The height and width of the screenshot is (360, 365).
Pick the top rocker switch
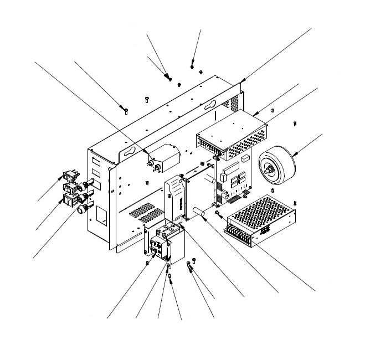(69, 176)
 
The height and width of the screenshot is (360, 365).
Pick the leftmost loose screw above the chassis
(127, 111)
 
